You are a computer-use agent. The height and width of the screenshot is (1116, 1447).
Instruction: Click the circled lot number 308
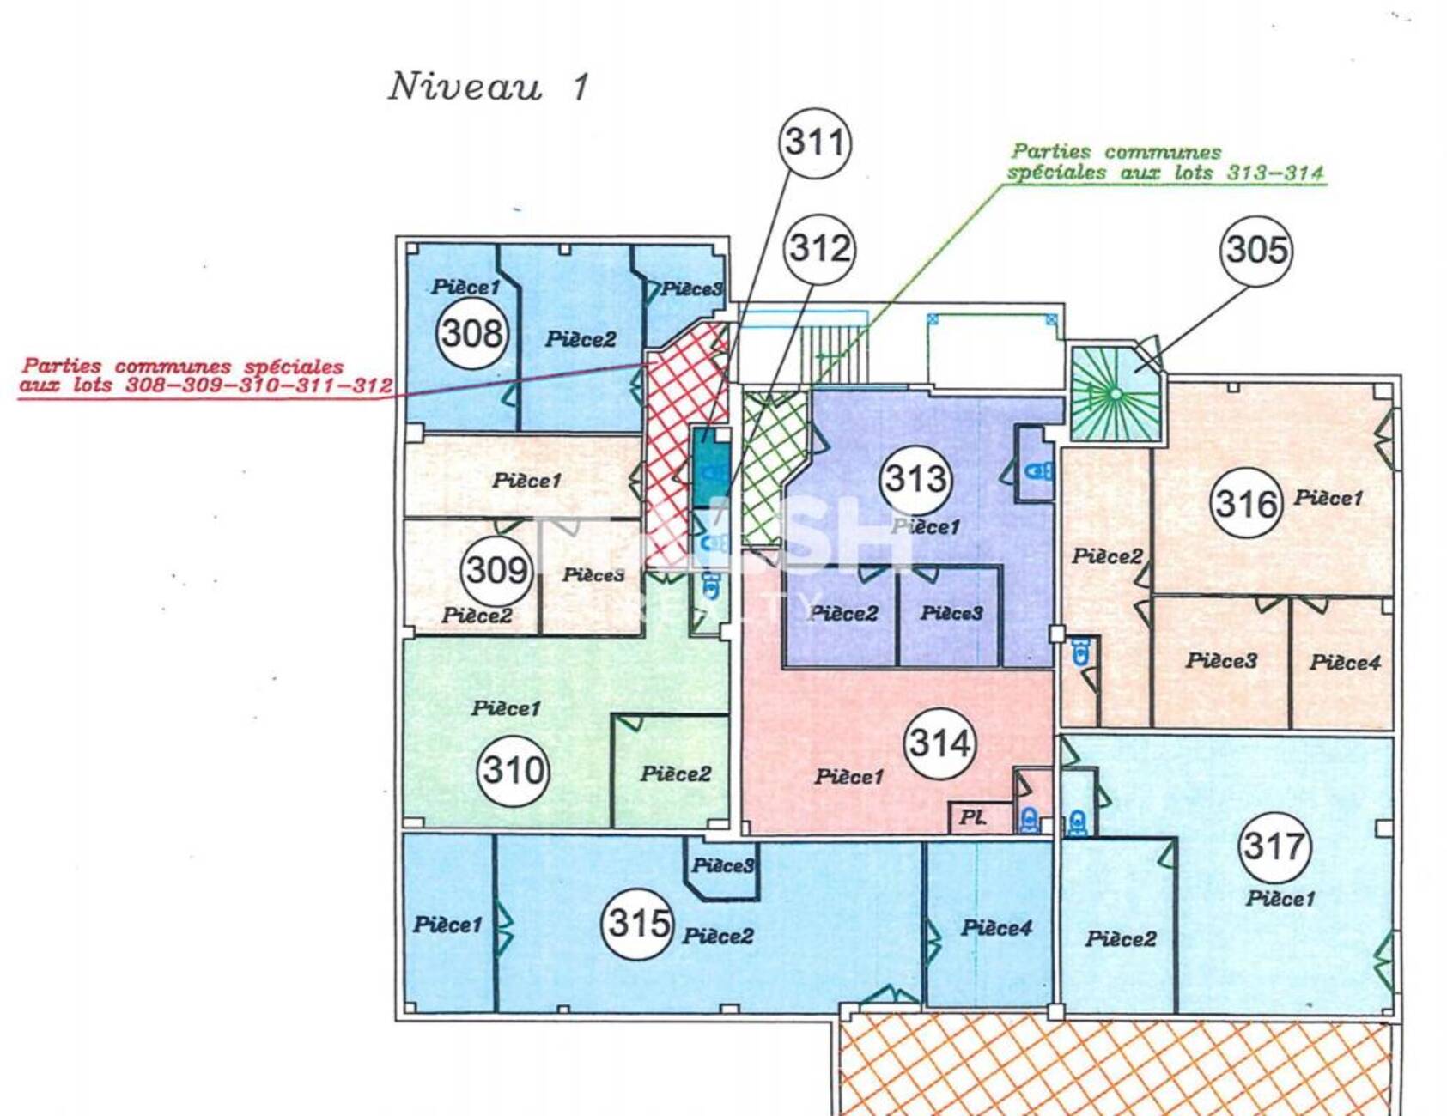tap(472, 333)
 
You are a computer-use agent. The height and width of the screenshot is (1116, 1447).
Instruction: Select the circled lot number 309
tap(497, 569)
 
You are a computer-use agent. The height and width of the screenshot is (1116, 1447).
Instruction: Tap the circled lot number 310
tap(514, 769)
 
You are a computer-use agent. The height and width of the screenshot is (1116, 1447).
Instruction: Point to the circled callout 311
tap(815, 143)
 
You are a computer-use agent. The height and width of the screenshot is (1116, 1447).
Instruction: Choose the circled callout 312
tap(820, 249)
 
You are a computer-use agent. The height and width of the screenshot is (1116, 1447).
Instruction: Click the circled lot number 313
tap(916, 479)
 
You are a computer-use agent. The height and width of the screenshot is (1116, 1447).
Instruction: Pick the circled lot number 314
tap(940, 743)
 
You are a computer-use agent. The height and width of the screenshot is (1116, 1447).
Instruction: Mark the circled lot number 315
tap(638, 924)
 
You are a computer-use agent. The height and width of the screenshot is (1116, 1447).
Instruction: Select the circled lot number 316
tap(1246, 503)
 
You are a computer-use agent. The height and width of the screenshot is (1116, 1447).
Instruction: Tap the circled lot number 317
tap(1274, 847)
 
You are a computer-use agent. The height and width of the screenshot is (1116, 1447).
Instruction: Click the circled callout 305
tap(1256, 251)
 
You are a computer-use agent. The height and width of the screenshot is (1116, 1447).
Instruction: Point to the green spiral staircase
tap(1116, 393)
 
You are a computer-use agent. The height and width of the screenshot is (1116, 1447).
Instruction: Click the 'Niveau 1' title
tap(489, 87)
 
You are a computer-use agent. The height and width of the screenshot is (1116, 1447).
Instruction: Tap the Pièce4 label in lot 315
tap(996, 928)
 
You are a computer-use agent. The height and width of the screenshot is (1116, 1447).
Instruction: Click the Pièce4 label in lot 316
tap(1345, 663)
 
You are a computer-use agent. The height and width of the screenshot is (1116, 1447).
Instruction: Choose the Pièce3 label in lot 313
tap(951, 613)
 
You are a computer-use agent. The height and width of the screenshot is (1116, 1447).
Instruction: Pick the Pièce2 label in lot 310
tap(676, 774)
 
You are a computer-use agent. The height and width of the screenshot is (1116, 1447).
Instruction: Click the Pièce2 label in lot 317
tap(1121, 939)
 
